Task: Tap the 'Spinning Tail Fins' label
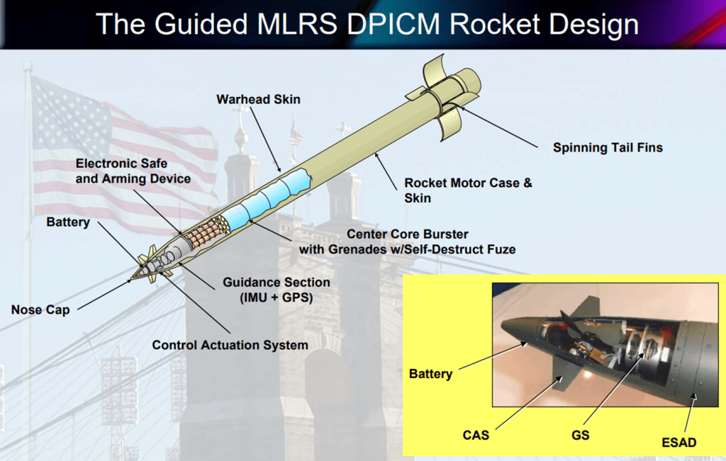[608, 148]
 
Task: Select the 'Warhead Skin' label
[258, 99]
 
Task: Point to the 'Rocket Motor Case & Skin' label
[468, 190]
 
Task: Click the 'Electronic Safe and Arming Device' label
[133, 171]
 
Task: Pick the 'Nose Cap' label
[40, 309]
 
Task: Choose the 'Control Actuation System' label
[230, 345]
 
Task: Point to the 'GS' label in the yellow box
[581, 434]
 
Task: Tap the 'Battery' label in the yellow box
[430, 373]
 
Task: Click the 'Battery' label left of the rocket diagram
[68, 222]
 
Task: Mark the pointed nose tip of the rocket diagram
[131, 279]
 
